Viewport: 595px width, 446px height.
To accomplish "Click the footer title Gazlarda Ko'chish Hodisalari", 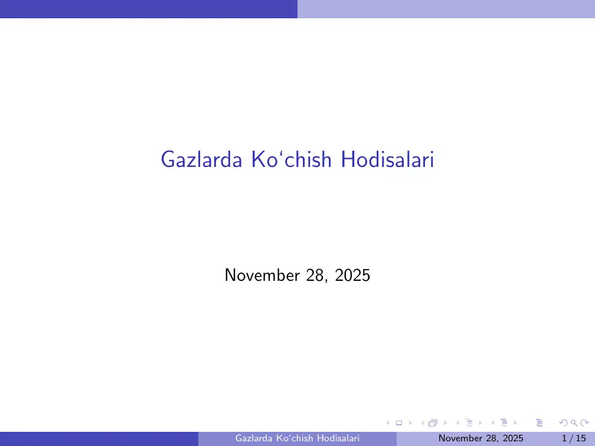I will pyautogui.click(x=297, y=438).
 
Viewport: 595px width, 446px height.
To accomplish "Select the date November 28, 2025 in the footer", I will pyautogui.click(x=481, y=438).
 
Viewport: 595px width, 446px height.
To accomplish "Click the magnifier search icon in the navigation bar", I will pyautogui.click(x=573, y=423).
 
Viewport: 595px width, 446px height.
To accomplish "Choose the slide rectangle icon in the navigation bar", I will pyautogui.click(x=398, y=423).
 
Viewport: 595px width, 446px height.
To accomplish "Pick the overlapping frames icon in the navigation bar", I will pyautogui.click(x=433, y=423).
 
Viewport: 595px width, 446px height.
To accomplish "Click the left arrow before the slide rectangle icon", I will pyautogui.click(x=387, y=423).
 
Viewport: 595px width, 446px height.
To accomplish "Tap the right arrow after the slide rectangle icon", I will pyautogui.click(x=410, y=423).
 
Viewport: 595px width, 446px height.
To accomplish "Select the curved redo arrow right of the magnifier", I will pyautogui.click(x=584, y=423).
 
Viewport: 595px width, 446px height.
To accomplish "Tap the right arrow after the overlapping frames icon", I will pyautogui.click(x=445, y=423).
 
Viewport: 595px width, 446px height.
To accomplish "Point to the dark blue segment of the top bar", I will pyautogui.click(x=148, y=9).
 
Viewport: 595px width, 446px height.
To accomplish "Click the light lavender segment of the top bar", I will pyautogui.click(x=446, y=9).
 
